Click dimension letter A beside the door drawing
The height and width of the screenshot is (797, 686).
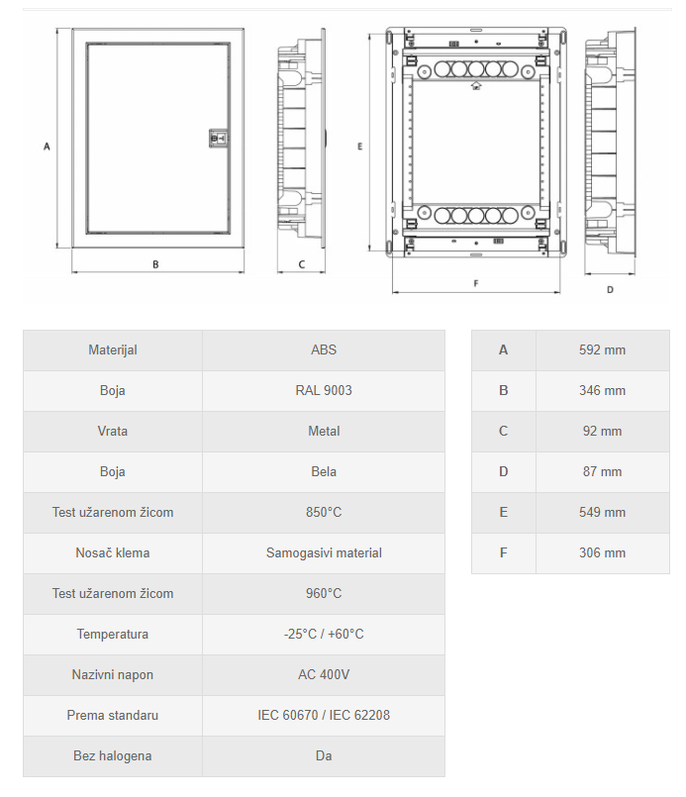point(47,146)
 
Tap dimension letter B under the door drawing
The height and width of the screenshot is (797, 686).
point(155,263)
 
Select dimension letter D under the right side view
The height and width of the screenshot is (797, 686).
point(610,289)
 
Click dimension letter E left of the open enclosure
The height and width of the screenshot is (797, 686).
point(360,146)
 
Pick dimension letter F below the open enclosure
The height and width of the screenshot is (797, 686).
point(476,283)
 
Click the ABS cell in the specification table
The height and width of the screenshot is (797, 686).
point(324,349)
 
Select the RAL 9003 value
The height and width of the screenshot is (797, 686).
point(324,390)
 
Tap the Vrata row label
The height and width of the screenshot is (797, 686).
point(113,431)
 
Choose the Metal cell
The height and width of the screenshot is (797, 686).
point(324,431)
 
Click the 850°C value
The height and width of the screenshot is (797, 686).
point(324,512)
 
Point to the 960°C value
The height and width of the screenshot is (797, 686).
point(324,593)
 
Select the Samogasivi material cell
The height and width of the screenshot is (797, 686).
point(324,552)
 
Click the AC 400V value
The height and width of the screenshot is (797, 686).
point(324,674)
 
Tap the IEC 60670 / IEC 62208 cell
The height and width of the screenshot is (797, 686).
point(324,715)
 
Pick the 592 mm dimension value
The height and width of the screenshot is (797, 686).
point(602,349)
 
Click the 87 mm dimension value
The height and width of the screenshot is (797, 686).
point(602,471)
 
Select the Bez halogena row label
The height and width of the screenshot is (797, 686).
point(113,755)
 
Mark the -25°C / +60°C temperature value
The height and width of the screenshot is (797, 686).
point(324,634)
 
